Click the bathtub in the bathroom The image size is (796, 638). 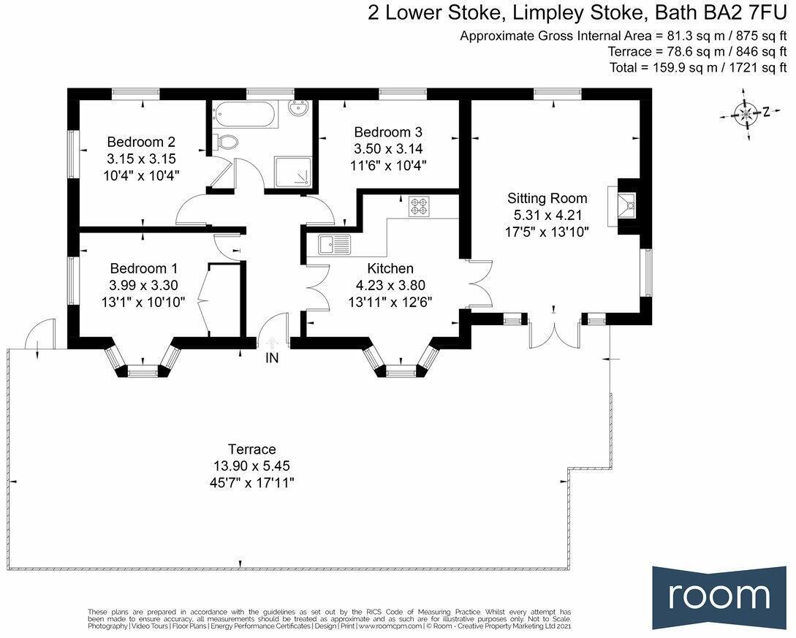tap(243, 115)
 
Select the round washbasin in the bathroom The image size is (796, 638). tap(298, 110)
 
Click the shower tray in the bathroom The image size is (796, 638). tap(291, 171)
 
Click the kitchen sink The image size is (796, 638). tap(335, 243)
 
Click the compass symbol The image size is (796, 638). tap(746, 113)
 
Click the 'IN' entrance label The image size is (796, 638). tap(272, 358)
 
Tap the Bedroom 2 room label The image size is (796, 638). tap(141, 142)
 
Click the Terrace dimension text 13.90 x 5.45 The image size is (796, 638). tap(251, 466)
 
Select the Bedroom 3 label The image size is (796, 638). tap(388, 132)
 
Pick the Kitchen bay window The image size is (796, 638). tap(399, 365)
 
